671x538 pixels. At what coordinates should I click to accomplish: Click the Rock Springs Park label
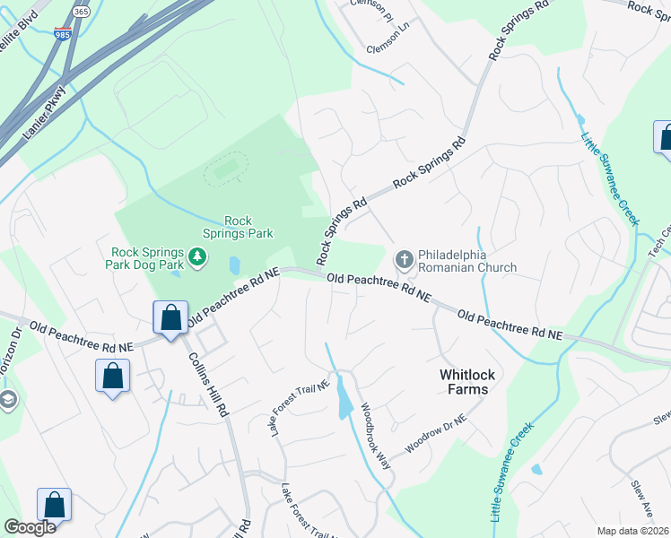click(239, 227)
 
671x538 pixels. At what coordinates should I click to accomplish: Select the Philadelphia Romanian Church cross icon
click(404, 260)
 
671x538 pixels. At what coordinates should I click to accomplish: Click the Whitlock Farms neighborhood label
click(464, 381)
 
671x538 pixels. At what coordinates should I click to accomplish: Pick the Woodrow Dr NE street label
click(437, 434)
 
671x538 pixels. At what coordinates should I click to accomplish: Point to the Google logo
click(29, 527)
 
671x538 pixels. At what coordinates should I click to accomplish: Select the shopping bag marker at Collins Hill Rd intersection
click(170, 318)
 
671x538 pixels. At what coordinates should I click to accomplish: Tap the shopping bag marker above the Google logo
click(55, 505)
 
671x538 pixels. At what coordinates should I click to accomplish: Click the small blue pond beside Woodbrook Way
click(344, 405)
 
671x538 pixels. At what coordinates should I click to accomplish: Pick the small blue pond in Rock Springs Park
click(234, 265)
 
